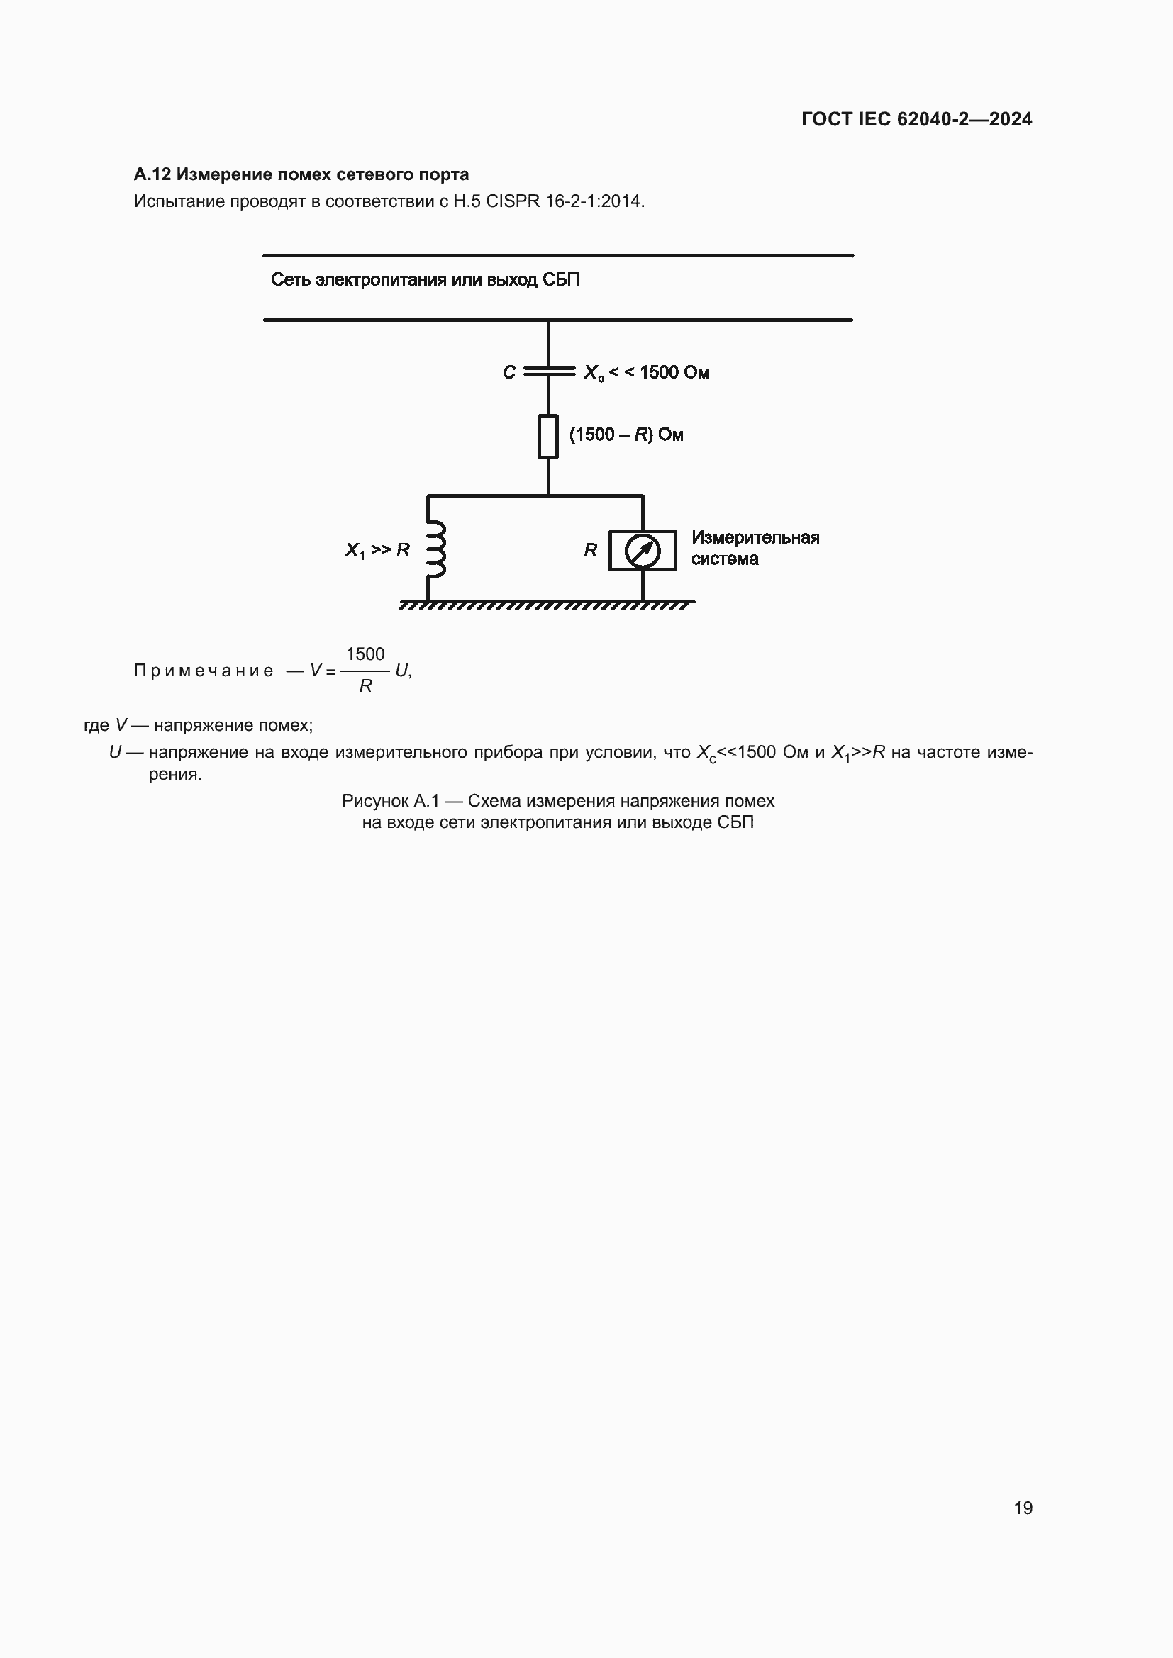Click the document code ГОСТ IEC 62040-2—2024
click(x=916, y=119)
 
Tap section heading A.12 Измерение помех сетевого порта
click(x=301, y=174)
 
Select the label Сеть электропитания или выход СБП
click(x=425, y=280)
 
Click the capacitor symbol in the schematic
click(x=548, y=372)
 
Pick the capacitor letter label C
click(x=509, y=373)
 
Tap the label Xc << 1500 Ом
click(x=647, y=373)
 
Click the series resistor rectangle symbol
click(x=548, y=436)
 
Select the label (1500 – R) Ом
click(x=626, y=435)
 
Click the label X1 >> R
click(x=377, y=550)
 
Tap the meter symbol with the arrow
click(x=642, y=550)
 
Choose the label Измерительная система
click(x=754, y=548)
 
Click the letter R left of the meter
click(x=590, y=550)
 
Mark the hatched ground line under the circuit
click(x=547, y=605)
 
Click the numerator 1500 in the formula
click(x=365, y=654)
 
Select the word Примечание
click(x=204, y=671)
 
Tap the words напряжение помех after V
click(x=233, y=725)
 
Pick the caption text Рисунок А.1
click(x=390, y=801)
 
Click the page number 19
click(x=1023, y=1508)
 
